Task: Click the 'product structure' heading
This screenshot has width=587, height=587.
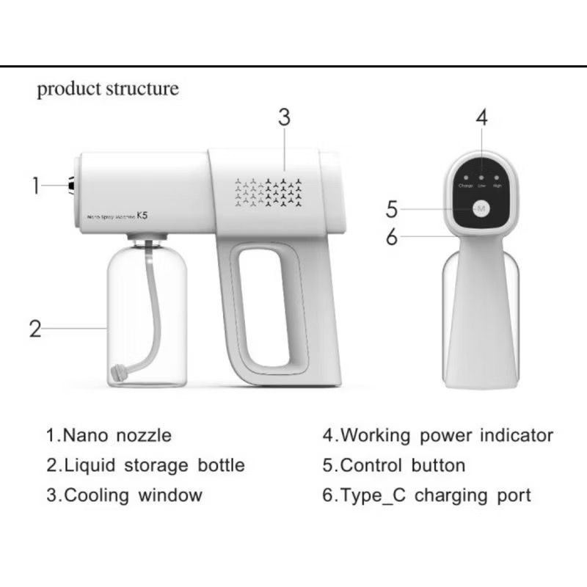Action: point(108,90)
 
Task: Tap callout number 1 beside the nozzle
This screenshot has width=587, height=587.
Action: point(35,186)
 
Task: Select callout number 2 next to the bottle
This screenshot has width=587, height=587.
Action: point(35,329)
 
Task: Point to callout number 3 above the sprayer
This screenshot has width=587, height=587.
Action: point(284,117)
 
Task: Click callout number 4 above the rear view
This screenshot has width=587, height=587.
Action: point(481,117)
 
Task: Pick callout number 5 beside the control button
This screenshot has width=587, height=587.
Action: point(392,210)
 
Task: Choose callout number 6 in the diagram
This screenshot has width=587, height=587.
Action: point(392,237)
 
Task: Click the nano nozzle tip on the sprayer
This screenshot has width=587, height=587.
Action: point(72,186)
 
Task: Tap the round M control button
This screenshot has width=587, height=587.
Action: point(481,211)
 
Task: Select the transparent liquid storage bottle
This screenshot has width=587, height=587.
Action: point(147,316)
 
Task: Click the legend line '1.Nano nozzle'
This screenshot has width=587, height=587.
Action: point(109,435)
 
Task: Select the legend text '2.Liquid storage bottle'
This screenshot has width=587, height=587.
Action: point(145,465)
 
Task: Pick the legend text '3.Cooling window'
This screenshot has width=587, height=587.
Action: point(124,495)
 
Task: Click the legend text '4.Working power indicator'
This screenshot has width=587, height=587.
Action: point(437,435)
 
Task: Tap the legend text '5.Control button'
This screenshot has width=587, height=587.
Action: point(394,465)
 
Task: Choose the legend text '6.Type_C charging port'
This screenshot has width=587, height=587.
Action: point(427,495)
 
